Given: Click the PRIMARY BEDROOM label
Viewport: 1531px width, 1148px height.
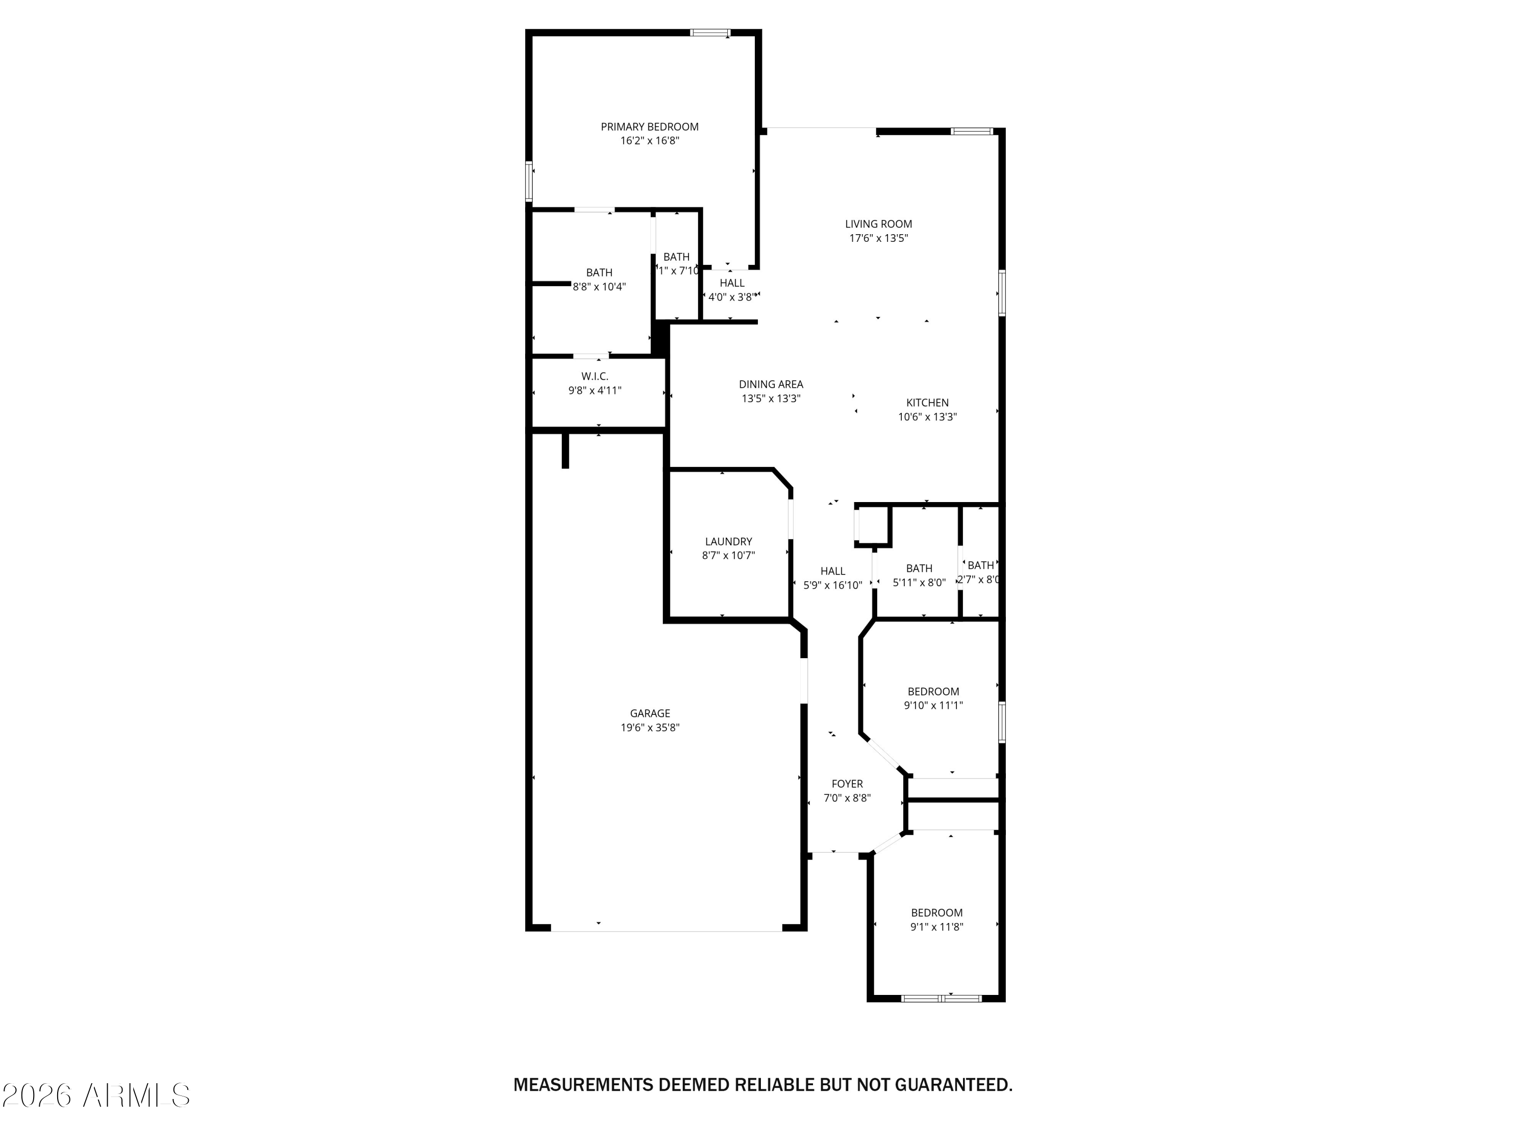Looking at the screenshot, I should coord(649,127).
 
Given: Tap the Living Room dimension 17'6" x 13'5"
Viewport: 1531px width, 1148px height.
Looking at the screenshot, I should coord(878,238).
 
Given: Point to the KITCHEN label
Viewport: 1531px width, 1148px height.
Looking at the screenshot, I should coord(927,403).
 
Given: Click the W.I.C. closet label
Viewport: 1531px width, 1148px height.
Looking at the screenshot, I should coord(595,377).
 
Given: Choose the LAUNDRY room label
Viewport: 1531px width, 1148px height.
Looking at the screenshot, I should coord(728,541).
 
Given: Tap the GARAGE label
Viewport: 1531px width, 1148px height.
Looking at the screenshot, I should coord(649,713).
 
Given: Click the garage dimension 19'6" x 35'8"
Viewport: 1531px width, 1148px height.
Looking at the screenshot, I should coord(649,727).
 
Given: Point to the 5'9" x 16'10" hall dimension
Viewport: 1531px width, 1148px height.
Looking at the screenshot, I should coord(833,585).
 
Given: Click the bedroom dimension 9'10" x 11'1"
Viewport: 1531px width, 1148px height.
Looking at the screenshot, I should coord(933,705).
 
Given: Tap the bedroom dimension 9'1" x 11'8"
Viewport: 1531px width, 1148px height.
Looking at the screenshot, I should coord(936,927).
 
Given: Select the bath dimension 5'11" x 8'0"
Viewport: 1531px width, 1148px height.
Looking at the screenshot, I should coord(919,583).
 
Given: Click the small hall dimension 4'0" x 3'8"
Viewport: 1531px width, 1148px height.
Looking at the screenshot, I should coord(731,297).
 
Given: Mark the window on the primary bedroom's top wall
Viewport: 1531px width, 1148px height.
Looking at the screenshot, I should coord(709,33).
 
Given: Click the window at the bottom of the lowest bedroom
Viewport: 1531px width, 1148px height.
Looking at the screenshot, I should coord(941,998).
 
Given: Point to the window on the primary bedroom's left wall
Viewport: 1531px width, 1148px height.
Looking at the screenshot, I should coord(529,181).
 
